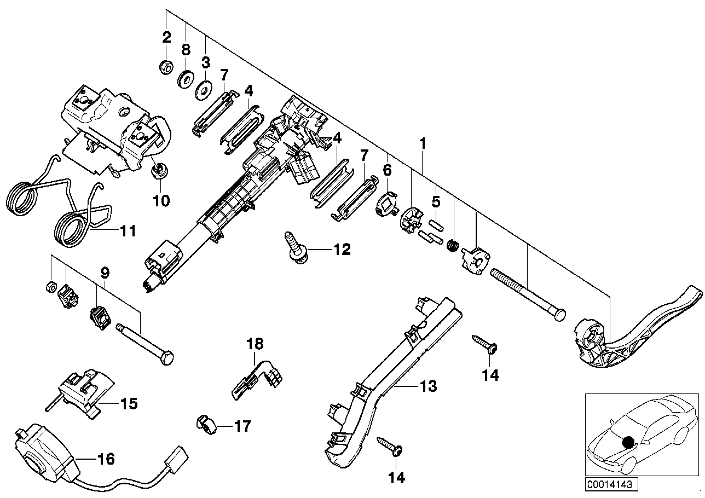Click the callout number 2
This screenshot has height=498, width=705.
click(x=166, y=38)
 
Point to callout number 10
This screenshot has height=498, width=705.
click(x=161, y=201)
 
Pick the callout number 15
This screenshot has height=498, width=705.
click(x=129, y=404)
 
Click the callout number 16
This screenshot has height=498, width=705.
click(x=106, y=459)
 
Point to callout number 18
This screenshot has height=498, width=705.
click(x=255, y=344)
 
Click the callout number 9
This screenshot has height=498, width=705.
click(x=105, y=272)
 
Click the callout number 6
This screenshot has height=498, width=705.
click(x=388, y=170)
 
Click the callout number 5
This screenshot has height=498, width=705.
click(x=436, y=202)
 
